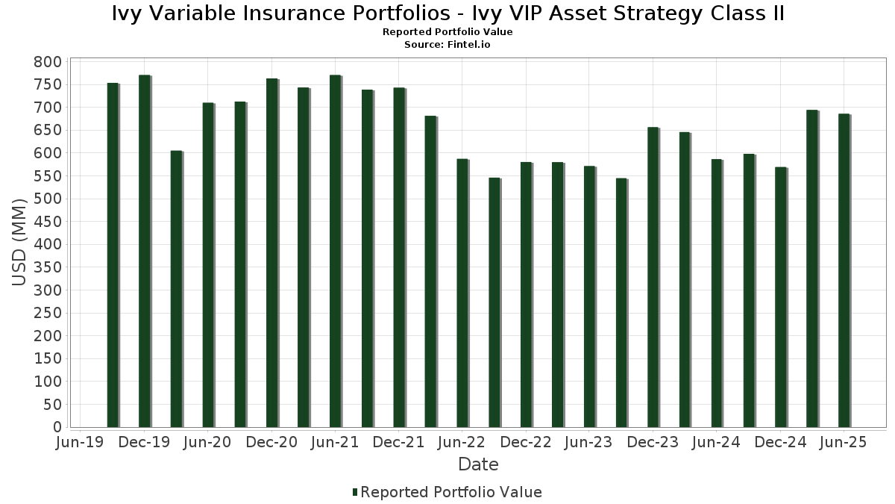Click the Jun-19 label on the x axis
(x=81, y=442)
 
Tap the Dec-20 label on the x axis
(x=271, y=442)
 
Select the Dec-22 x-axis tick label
(x=526, y=442)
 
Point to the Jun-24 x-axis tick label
(x=716, y=442)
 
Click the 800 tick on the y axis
(x=46, y=62)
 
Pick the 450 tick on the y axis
(x=46, y=222)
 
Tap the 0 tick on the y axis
(x=57, y=427)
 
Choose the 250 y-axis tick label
(x=46, y=313)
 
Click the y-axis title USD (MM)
(x=20, y=243)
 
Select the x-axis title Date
(x=478, y=464)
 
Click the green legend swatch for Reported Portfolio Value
(x=355, y=492)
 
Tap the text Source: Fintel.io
(x=447, y=44)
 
